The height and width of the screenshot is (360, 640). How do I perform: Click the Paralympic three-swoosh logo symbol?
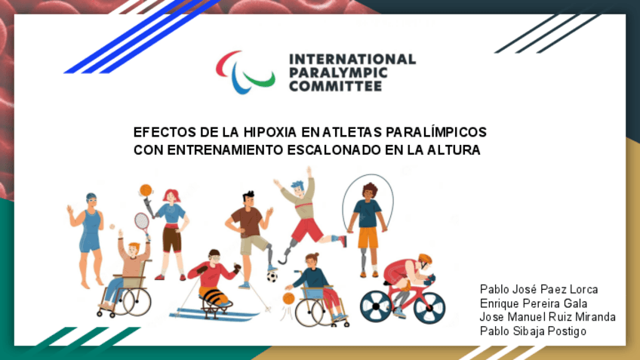pyautogui.click(x=245, y=72)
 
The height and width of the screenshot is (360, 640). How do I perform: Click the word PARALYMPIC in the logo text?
pyautogui.click(x=339, y=72)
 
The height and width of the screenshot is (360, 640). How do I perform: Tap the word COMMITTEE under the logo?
pyautogui.click(x=335, y=86)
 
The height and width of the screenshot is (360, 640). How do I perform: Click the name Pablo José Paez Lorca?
pyautogui.click(x=538, y=289)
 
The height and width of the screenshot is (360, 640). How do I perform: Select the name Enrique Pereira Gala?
pyautogui.click(x=534, y=303)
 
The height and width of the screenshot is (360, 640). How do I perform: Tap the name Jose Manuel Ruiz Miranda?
pyautogui.click(x=547, y=316)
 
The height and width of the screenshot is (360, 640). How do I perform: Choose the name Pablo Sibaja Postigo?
pyautogui.click(x=533, y=331)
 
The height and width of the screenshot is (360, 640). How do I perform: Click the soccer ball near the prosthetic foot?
pyautogui.click(x=272, y=277)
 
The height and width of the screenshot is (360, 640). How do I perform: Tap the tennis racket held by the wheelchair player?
pyautogui.click(x=141, y=222)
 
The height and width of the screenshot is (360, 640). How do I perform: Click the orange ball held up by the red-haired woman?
pyautogui.click(x=146, y=190)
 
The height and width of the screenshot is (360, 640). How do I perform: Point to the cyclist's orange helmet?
pyautogui.click(x=425, y=258)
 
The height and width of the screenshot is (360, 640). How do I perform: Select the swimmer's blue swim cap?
pyautogui.click(x=91, y=197)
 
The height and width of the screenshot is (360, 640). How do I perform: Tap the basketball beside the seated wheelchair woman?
pyautogui.click(x=288, y=298)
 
